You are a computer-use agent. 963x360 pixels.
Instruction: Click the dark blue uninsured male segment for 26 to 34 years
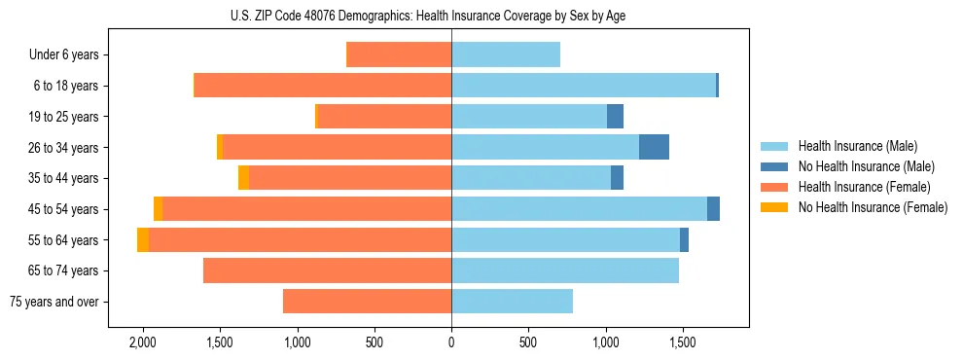654,147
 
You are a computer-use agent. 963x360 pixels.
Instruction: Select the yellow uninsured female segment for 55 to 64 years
143,239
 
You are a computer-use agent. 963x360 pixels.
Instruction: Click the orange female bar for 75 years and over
367,302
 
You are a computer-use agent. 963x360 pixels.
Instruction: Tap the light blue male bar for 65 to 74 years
565,270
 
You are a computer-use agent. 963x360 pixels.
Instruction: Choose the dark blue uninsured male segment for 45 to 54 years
713,208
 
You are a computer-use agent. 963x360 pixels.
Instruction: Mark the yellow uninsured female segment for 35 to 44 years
243,178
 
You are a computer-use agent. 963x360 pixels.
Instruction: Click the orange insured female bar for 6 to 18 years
323,86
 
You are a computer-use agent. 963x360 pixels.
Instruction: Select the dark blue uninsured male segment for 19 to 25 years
615,116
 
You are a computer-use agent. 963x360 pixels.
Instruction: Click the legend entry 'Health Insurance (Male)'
857,146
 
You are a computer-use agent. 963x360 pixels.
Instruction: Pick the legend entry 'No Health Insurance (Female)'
873,207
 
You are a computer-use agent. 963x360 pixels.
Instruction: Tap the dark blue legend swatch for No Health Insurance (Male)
775,166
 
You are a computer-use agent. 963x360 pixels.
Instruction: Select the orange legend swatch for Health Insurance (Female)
775,187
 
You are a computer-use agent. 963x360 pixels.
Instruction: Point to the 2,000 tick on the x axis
143,342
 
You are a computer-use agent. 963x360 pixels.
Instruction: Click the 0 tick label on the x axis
451,342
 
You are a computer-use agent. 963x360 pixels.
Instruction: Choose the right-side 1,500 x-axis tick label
682,342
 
